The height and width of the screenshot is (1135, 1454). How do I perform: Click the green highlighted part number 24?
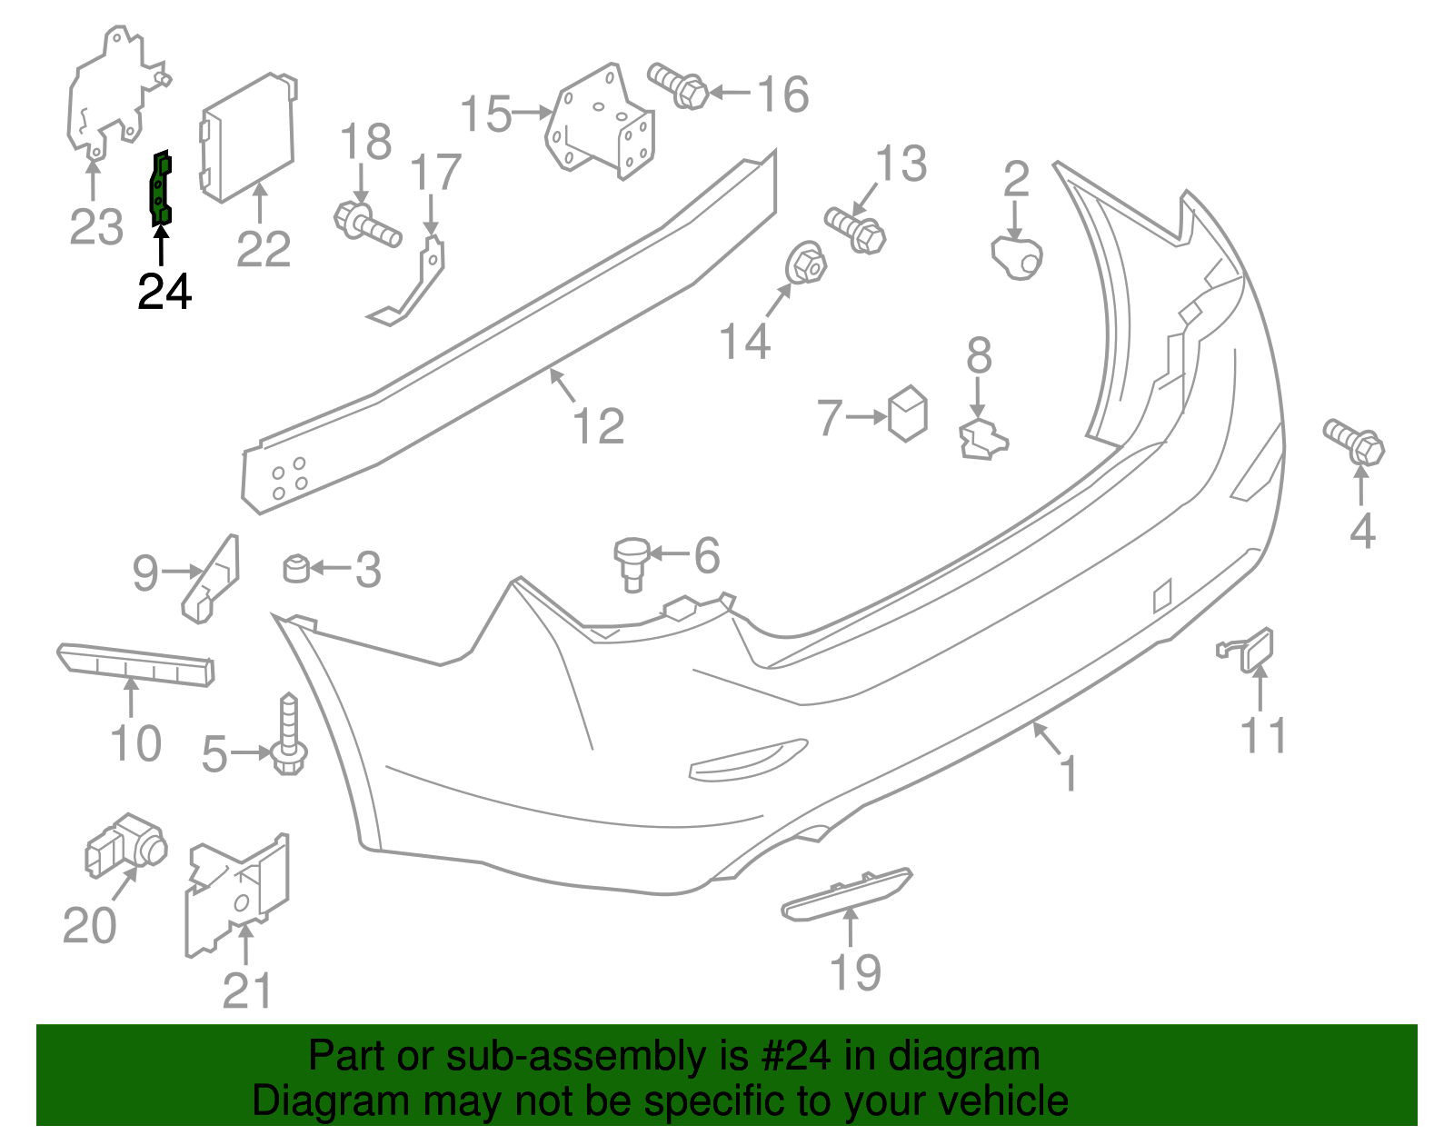coord(161,188)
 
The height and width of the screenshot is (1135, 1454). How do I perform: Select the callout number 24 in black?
coord(164,292)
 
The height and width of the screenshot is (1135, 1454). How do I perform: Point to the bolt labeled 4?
coord(1355,442)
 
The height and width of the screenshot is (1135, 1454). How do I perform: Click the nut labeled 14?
coord(803,264)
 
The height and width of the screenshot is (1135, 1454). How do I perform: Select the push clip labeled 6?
coord(632,562)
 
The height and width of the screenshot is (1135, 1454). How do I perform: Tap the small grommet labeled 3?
coord(296,569)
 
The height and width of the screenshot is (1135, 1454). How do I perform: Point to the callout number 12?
coord(599,426)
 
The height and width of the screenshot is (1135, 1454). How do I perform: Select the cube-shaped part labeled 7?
coord(907,414)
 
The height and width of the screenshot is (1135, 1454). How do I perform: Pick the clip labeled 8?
coord(982,439)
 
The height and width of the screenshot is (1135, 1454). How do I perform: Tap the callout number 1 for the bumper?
coord(1069,773)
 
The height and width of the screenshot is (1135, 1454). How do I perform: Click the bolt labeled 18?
coord(367,224)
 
